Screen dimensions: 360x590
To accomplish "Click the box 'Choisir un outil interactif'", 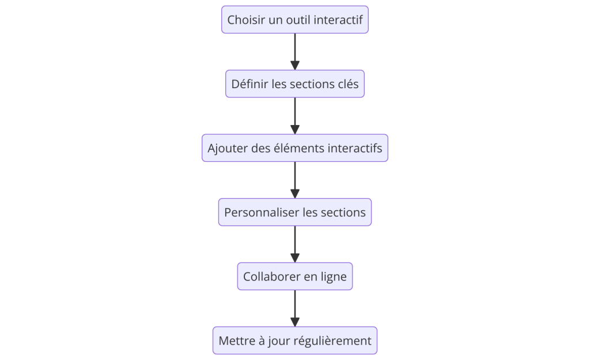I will click(294, 20).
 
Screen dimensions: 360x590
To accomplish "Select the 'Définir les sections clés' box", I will click(294, 84).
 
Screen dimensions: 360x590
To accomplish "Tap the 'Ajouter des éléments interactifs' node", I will click(294, 148).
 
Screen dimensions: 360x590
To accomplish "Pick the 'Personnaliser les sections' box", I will click(294, 212).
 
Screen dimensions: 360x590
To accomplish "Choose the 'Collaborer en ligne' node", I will click(294, 276).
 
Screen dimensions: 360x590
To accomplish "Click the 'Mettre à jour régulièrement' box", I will click(294, 340).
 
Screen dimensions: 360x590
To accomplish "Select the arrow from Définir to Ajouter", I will click(295, 116).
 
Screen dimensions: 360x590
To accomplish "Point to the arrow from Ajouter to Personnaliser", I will click(295, 180).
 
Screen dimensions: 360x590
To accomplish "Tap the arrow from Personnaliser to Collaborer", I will click(295, 244).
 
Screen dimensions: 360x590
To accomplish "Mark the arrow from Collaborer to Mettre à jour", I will click(295, 308).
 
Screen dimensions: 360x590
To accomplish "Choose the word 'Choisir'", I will click(245, 20).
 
